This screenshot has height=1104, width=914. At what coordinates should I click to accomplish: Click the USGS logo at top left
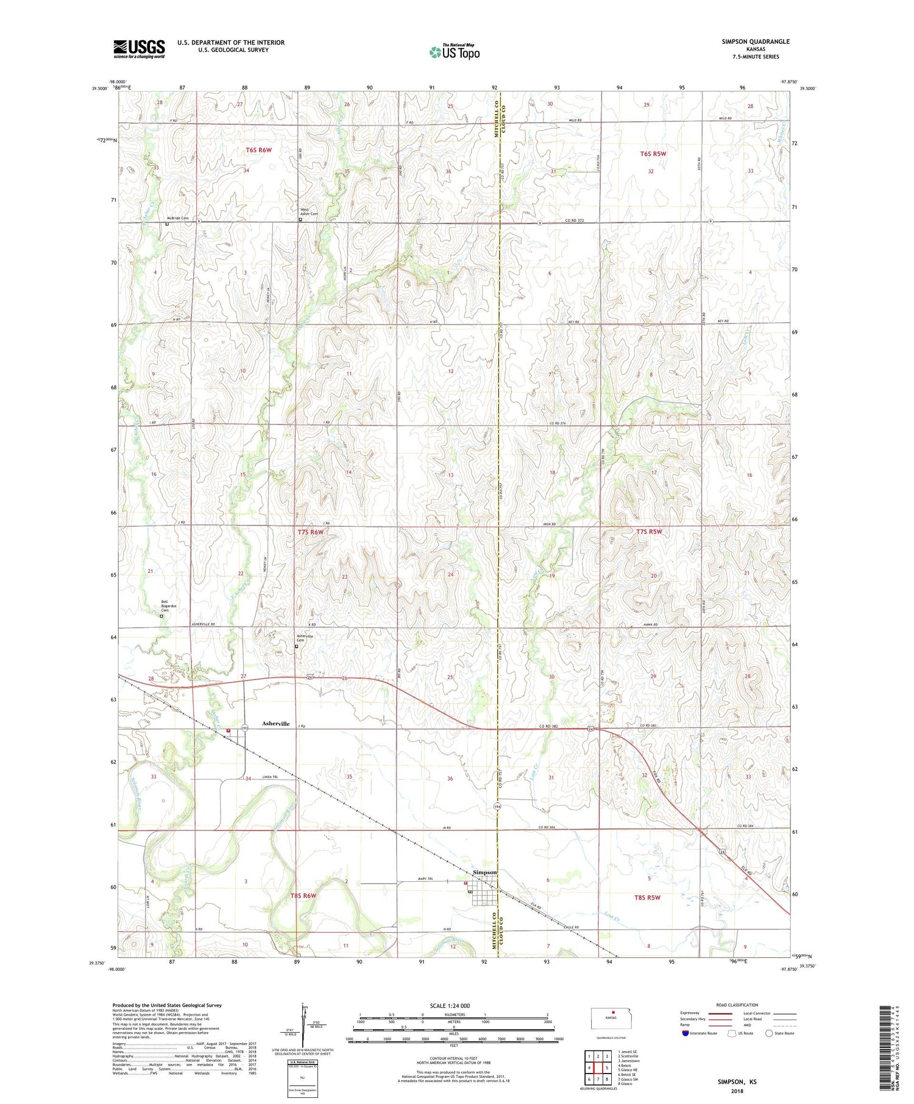139,49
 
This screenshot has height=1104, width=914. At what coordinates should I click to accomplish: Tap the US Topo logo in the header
454,52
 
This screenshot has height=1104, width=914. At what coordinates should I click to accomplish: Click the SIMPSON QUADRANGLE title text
755,41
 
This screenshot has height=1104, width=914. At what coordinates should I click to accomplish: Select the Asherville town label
275,723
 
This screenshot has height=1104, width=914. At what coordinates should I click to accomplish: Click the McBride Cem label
178,218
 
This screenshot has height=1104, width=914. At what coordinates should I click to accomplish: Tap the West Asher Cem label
308,211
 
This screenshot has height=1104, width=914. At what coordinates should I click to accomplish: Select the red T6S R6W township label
258,150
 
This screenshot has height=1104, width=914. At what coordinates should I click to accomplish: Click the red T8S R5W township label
647,898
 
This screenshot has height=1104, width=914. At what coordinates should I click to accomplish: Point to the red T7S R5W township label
648,532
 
